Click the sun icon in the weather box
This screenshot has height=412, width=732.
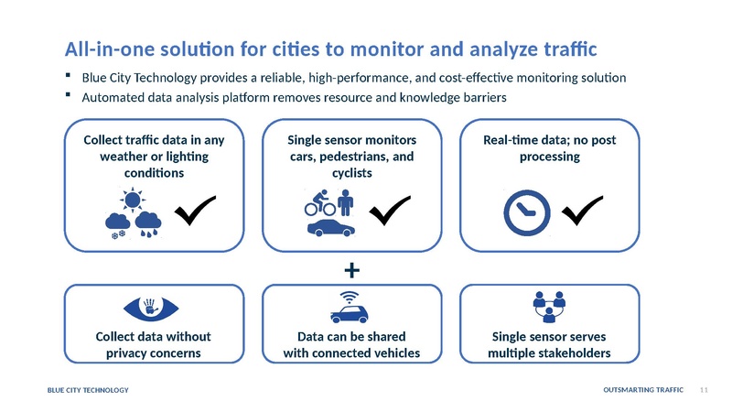[x=135, y=201]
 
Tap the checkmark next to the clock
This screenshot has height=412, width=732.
[x=583, y=212]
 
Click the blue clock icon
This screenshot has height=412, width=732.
[x=527, y=212]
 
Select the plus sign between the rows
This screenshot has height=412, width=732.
[x=352, y=270]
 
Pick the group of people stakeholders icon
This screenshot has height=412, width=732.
[x=550, y=308]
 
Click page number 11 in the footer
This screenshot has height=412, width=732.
[x=704, y=391]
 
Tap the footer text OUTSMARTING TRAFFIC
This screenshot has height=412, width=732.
[x=643, y=391]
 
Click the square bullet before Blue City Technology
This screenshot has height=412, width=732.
[x=70, y=76]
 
